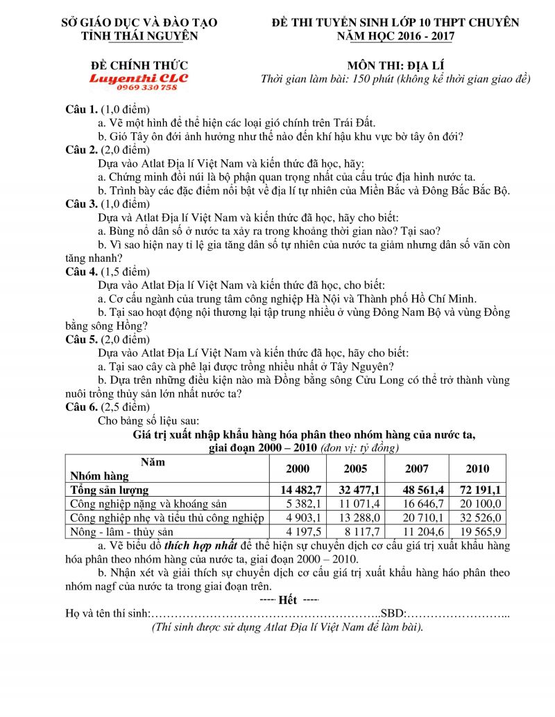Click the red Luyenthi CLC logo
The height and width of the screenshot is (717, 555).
(x=138, y=78)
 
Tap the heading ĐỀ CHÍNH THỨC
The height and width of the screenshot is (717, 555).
(x=138, y=65)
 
